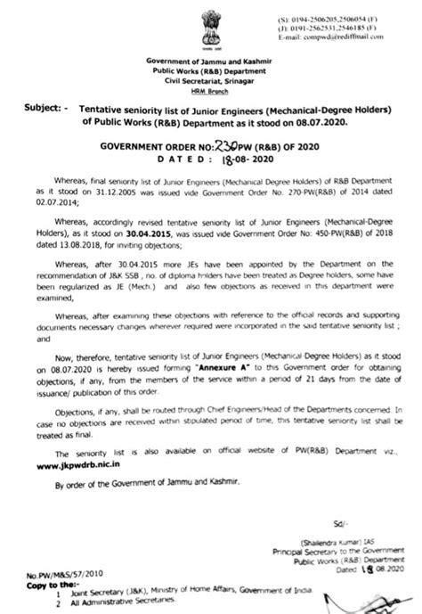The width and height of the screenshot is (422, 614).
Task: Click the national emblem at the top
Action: [x=211, y=26]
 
